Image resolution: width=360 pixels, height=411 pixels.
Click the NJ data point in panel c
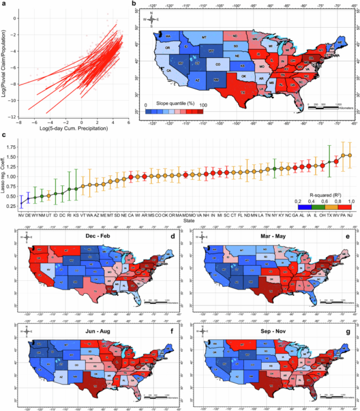pos(350,155)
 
